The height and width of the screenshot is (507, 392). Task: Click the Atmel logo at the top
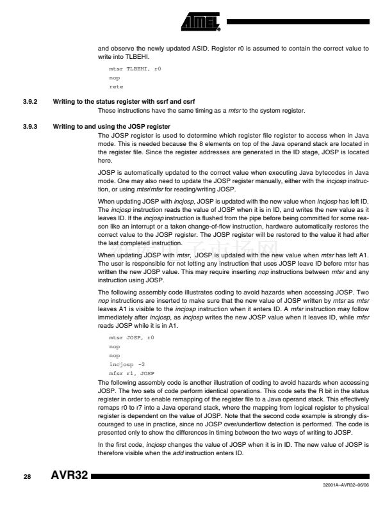pyautogui.click(x=199, y=22)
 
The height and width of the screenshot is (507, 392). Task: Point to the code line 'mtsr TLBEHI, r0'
pyautogui.click(x=135, y=67)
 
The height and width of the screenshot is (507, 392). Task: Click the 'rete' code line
pyautogui.click(x=117, y=86)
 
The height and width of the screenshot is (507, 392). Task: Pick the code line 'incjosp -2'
pyautogui.click(x=126, y=363)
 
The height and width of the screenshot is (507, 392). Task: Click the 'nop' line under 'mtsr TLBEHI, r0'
pyautogui.click(x=115, y=77)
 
